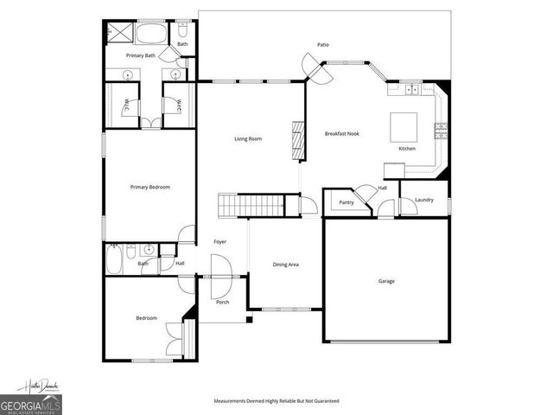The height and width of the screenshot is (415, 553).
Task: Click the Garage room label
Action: click(x=386, y=281)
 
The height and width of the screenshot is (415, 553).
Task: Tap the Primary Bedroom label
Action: click(x=149, y=188)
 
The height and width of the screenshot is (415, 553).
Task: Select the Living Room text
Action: click(x=248, y=138)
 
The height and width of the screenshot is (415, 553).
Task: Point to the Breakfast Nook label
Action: click(x=341, y=134)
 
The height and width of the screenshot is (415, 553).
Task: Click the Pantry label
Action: click(x=346, y=202)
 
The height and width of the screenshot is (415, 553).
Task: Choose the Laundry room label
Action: click(x=423, y=201)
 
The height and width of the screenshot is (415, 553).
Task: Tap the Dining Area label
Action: click(x=286, y=265)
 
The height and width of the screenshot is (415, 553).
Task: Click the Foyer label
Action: click(x=220, y=242)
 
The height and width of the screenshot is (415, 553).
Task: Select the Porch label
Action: click(x=222, y=302)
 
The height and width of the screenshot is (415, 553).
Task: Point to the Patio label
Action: click(x=323, y=44)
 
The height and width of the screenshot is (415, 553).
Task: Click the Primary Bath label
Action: click(x=140, y=55)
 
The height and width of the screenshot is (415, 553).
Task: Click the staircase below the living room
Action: click(x=250, y=206)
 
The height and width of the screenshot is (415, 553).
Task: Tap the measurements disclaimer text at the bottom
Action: click(x=276, y=401)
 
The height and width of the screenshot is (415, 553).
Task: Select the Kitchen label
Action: click(x=407, y=149)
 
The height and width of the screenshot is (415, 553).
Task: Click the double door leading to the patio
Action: click(x=313, y=69)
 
